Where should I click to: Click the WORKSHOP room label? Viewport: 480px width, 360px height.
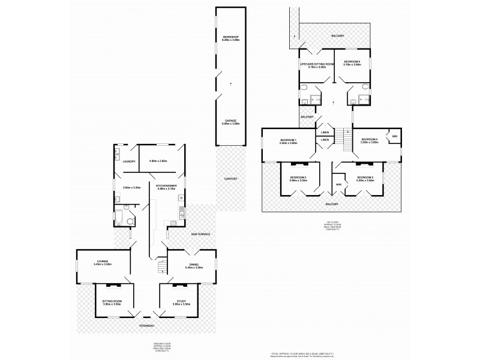pyautogui.click(x=231, y=38)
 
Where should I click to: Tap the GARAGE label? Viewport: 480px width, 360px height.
pyautogui.click(x=231, y=121)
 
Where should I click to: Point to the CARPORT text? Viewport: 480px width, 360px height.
pyautogui.click(x=231, y=179)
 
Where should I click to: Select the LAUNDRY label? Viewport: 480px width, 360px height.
pyautogui.click(x=128, y=161)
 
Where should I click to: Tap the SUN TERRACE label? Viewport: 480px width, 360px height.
pyautogui.click(x=200, y=233)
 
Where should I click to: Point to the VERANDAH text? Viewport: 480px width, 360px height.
pyautogui.click(x=148, y=325)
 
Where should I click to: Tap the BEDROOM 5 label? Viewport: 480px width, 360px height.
pyautogui.click(x=352, y=62)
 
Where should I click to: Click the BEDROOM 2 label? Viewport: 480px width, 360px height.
pyautogui.click(x=299, y=177)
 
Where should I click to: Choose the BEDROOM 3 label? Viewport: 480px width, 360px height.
pyautogui.click(x=365, y=177)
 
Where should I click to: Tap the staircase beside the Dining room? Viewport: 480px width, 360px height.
pyautogui.click(x=160, y=265)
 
